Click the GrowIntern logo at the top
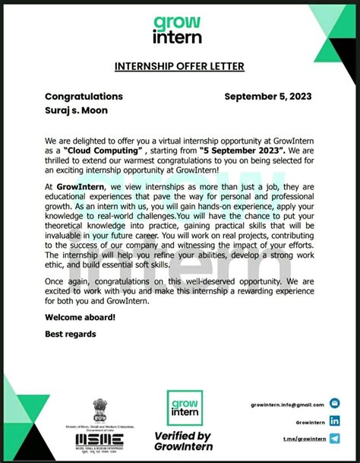(177, 30)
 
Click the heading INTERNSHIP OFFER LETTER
(179, 67)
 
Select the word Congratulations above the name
(84, 97)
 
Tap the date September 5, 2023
(268, 97)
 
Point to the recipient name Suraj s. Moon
(77, 111)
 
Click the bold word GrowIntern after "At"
(81, 186)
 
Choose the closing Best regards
(71, 334)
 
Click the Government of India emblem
(100, 411)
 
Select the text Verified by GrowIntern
(183, 441)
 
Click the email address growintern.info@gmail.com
(287, 405)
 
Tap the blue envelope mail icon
(335, 404)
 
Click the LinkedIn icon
(335, 421)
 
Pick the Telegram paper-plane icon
(335, 438)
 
